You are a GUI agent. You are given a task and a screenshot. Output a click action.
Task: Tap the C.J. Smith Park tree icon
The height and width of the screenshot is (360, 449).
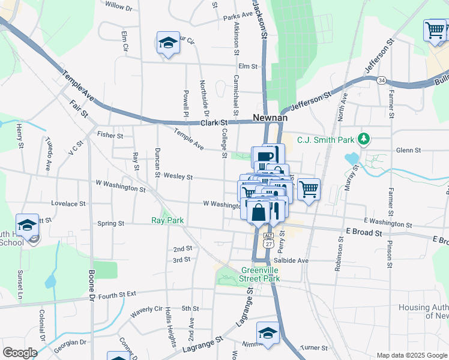pos(363,139)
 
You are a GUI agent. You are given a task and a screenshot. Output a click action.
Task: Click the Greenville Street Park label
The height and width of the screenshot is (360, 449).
pos(261,274)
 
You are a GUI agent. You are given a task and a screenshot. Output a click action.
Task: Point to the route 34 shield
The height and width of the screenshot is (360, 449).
pos(381,80)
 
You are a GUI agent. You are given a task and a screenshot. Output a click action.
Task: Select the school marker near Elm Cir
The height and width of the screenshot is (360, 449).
pos(168,43)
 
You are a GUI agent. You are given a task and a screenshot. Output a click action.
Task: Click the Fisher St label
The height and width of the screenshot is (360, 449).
pos(110,136)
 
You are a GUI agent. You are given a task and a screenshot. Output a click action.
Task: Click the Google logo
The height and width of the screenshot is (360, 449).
pos(20,353)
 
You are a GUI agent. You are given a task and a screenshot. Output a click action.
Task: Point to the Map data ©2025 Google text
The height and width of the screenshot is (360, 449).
pos(412,355)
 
